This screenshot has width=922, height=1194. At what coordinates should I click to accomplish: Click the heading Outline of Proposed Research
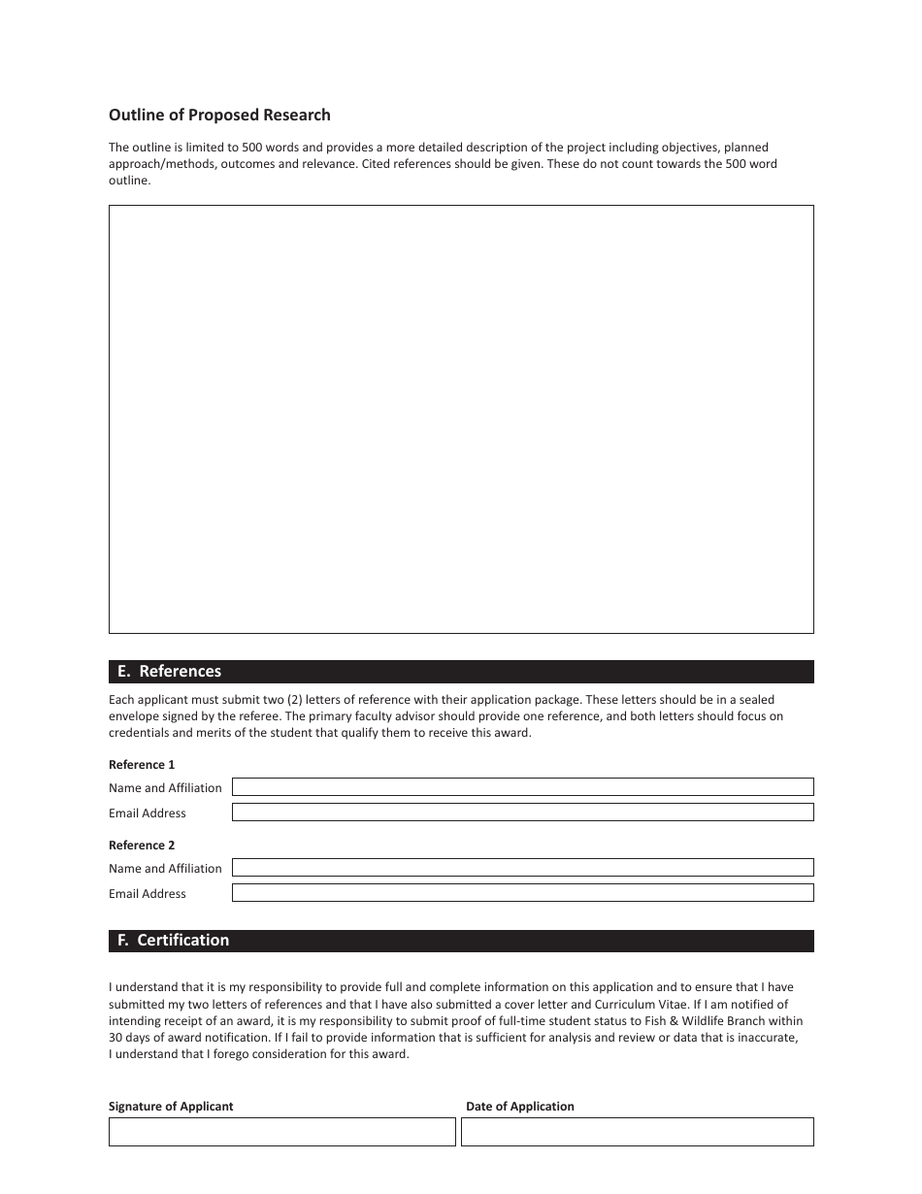click(219, 116)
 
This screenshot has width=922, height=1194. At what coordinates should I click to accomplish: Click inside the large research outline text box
click(461, 419)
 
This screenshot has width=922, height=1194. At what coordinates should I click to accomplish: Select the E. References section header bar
click(461, 672)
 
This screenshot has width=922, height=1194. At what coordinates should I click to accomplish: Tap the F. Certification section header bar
click(461, 941)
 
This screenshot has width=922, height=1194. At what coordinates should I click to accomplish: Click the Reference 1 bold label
click(142, 765)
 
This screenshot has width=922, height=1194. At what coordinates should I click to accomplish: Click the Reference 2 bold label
click(142, 846)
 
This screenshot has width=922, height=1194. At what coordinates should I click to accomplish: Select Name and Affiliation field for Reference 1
click(522, 787)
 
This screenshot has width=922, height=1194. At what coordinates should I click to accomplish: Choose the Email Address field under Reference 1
click(522, 813)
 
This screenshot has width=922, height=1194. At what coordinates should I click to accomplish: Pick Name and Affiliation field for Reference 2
click(522, 868)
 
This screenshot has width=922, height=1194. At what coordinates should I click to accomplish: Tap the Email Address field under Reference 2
click(522, 893)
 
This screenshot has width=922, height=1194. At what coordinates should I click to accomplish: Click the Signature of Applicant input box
click(281, 1132)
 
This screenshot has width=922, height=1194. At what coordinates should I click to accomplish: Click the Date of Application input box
click(637, 1132)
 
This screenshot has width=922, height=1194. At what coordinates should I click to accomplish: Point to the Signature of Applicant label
click(171, 1107)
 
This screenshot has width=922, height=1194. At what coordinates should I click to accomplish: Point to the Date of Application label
click(520, 1107)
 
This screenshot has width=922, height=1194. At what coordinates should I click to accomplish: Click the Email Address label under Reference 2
click(148, 894)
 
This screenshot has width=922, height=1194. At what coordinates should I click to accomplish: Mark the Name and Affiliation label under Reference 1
click(165, 788)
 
